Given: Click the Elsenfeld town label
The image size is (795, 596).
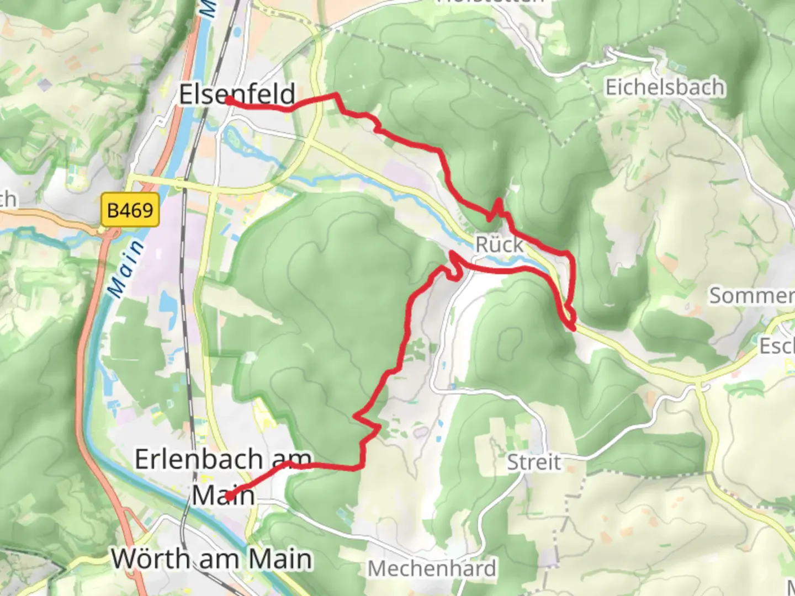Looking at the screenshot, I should [x=237, y=94].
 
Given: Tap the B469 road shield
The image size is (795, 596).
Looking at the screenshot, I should [x=130, y=210].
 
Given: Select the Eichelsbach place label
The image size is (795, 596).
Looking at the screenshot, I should [x=665, y=87].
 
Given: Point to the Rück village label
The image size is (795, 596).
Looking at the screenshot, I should [x=499, y=244].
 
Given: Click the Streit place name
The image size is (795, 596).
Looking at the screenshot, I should [x=534, y=462].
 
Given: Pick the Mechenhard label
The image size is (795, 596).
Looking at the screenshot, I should [x=432, y=568].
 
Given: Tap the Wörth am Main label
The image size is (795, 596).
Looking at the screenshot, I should [x=212, y=558].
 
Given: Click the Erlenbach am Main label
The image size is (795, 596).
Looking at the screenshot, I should [x=223, y=476].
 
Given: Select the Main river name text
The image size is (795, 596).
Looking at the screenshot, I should [x=125, y=269].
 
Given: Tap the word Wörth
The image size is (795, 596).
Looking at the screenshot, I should [x=151, y=558].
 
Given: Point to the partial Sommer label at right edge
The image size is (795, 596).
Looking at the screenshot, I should [x=751, y=295].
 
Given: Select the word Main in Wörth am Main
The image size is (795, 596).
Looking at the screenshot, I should [x=280, y=558].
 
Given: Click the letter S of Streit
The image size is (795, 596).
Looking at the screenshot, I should [x=513, y=462].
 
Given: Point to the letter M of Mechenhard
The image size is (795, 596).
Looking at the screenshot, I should [x=378, y=568].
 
